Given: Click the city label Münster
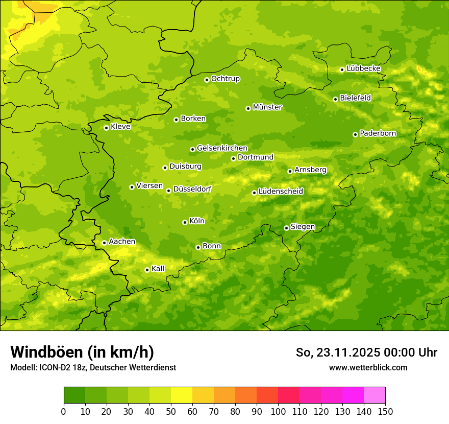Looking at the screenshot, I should [x=267, y=107].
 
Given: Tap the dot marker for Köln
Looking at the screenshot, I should [x=185, y=222].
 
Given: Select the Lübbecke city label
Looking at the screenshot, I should [x=363, y=68].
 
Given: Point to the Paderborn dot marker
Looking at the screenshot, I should [x=355, y=134].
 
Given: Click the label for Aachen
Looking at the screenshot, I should [x=122, y=242].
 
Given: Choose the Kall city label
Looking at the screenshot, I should [x=158, y=269].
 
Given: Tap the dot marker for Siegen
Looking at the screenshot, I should [x=286, y=228].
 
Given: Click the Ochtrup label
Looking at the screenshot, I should [x=225, y=79].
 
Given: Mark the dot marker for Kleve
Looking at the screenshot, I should [x=106, y=128].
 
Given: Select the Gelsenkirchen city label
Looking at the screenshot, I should [x=222, y=148].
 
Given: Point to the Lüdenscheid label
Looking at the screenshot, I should [x=281, y=192].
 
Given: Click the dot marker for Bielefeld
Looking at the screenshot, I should [x=335, y=99].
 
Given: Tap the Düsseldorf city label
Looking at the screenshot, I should [x=192, y=189].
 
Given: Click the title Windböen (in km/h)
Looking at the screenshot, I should [x=82, y=352].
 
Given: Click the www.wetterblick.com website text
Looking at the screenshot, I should [x=368, y=368].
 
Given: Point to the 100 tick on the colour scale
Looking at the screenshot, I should [x=278, y=411].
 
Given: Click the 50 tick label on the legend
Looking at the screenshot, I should [x=171, y=411].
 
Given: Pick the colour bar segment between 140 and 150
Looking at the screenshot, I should [x=375, y=395].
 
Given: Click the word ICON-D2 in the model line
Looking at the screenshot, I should [x=52, y=368].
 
